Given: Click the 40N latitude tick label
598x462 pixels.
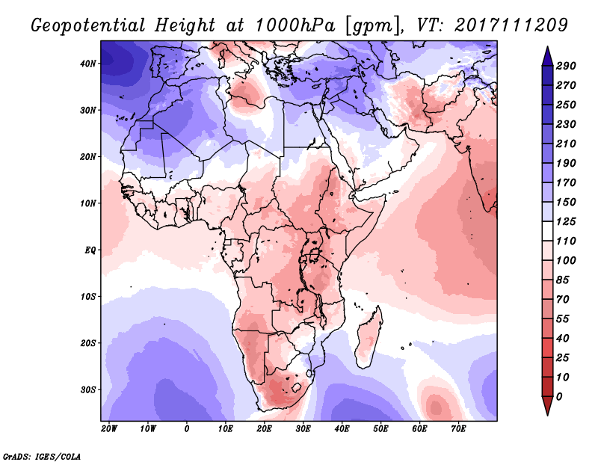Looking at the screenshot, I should point(88,64).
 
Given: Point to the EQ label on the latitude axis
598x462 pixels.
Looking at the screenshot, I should point(90,250).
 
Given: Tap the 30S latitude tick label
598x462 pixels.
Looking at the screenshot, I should point(88,389).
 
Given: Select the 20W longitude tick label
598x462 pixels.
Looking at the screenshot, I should point(108,428).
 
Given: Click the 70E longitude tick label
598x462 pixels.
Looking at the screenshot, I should point(459,428).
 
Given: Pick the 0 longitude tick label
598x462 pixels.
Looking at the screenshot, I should point(186,428).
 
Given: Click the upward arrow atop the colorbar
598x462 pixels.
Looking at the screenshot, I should point(546,55).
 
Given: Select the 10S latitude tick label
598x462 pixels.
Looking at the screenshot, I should point(88,297).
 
